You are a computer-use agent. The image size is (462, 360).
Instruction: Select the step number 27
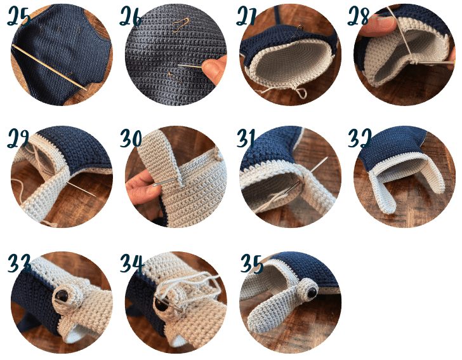pos(249,17)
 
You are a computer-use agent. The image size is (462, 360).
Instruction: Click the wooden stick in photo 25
pos(51,67)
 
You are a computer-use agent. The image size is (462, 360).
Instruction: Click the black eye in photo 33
pos(62,295)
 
